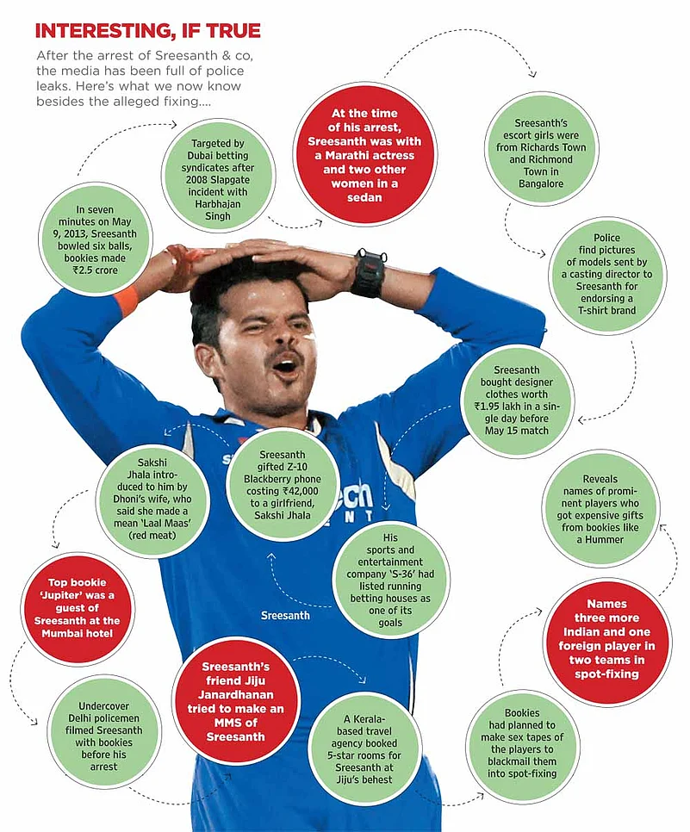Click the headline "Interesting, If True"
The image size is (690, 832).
pyautogui.click(x=147, y=32)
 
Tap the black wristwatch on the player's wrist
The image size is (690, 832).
pyautogui.click(x=369, y=274)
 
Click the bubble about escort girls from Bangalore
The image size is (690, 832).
pyautogui.click(x=541, y=149)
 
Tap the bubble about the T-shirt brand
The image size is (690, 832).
pyautogui.click(x=606, y=275)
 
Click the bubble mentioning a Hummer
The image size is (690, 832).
pyautogui.click(x=600, y=509)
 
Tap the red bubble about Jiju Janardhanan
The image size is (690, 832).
pyautogui.click(x=236, y=700)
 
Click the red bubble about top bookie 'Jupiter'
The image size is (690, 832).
pyautogui.click(x=78, y=608)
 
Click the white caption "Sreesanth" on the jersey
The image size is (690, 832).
pyautogui.click(x=285, y=615)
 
